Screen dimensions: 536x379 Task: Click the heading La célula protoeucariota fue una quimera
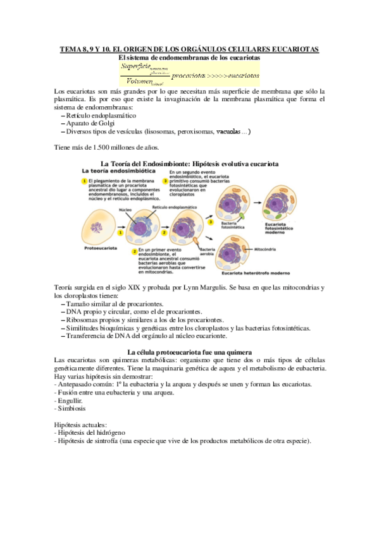click(190, 351)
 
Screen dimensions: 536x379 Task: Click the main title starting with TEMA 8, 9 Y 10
click(190, 49)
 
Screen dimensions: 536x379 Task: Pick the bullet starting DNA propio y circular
click(133, 312)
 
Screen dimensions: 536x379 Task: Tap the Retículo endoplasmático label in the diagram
click(175, 207)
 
